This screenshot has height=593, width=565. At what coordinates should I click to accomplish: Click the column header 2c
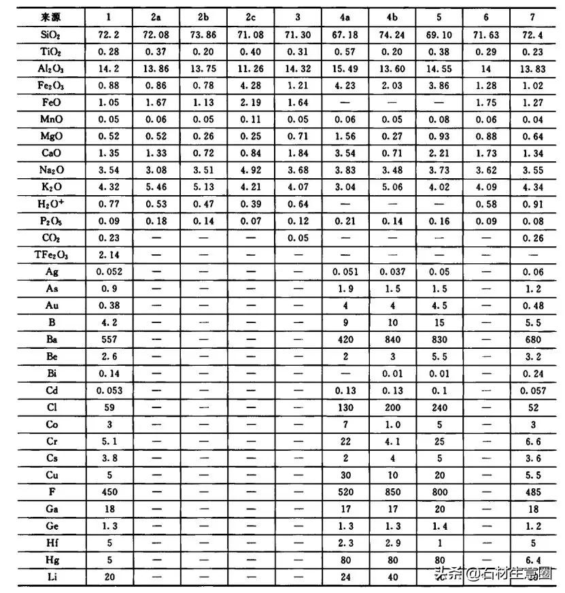[x=250, y=16]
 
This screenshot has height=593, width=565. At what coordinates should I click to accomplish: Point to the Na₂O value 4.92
[x=250, y=169]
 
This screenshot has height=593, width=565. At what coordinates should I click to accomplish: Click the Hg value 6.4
[x=533, y=560]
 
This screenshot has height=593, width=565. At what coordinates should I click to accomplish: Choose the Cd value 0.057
[x=533, y=390]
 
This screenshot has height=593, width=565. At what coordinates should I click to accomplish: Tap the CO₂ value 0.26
[x=533, y=237]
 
